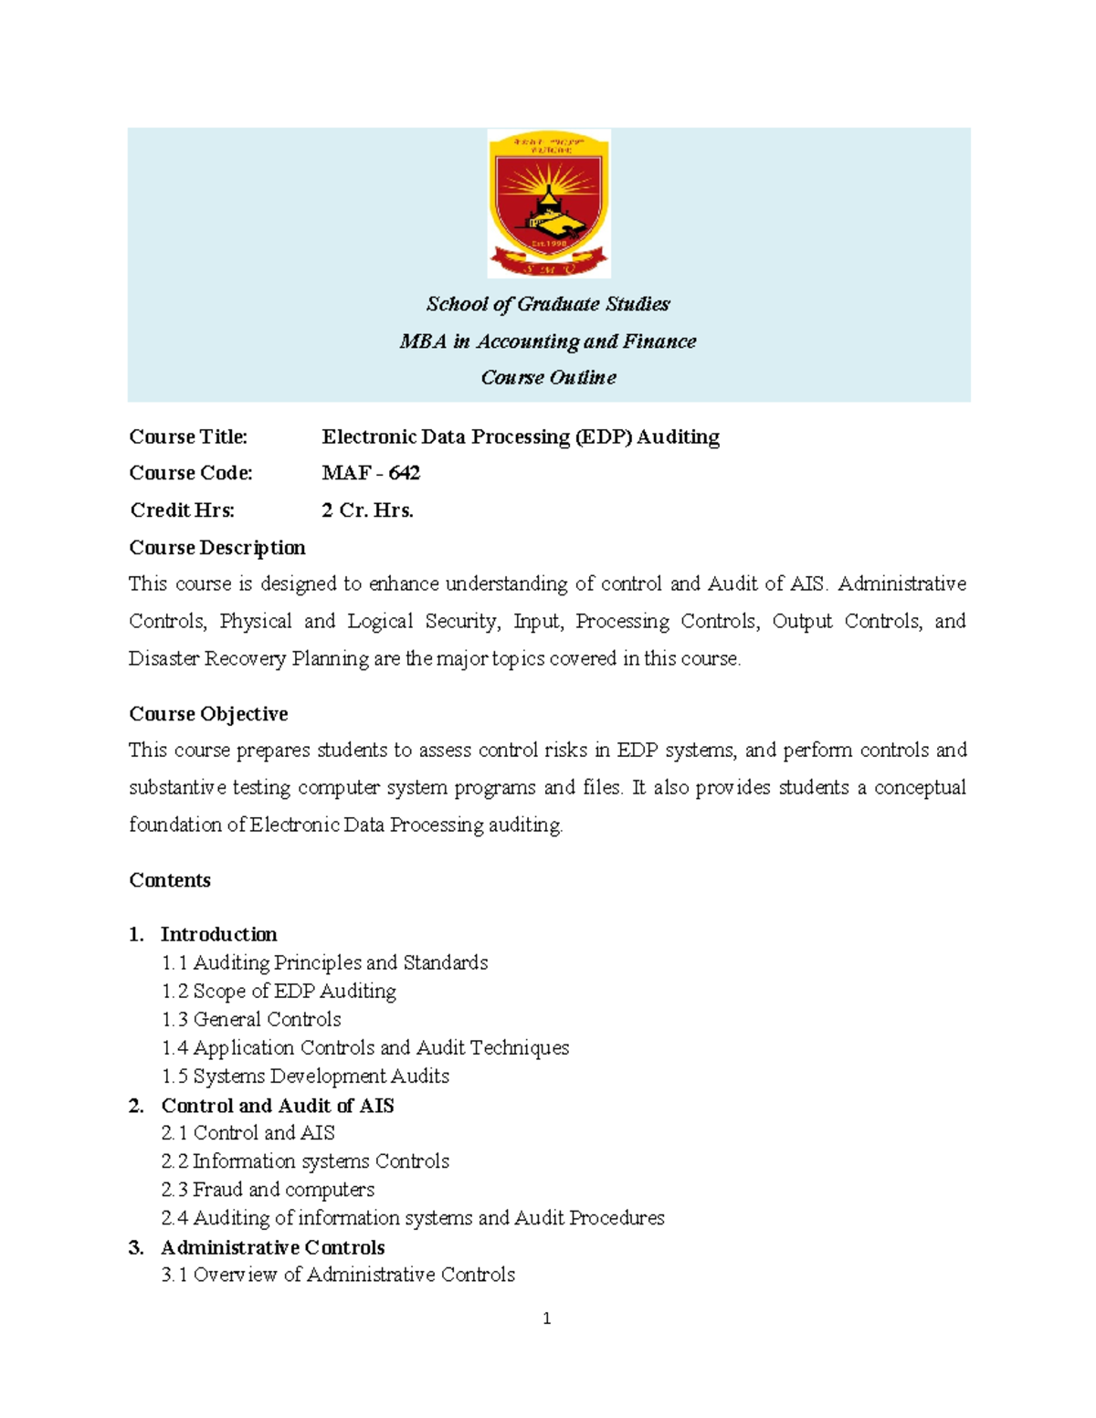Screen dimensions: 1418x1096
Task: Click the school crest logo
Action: (x=548, y=203)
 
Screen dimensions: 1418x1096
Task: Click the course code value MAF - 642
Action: (x=371, y=473)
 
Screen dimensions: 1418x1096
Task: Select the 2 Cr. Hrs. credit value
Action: (x=367, y=510)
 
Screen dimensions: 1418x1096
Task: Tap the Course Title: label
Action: (x=188, y=436)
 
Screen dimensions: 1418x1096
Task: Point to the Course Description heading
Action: (x=217, y=548)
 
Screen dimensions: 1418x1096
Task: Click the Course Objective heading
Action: (x=208, y=714)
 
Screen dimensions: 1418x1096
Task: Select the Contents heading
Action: (x=170, y=880)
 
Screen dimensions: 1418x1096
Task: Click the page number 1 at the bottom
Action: (x=546, y=1318)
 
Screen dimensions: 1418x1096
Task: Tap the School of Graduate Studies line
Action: (x=548, y=304)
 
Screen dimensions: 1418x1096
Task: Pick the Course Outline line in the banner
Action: (x=548, y=377)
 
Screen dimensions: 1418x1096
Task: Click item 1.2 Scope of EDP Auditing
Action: (x=279, y=991)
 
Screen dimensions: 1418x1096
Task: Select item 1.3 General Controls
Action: (x=251, y=1019)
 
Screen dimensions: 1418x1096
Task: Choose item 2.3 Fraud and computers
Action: (x=268, y=1190)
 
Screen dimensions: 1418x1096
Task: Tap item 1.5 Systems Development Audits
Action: (x=305, y=1077)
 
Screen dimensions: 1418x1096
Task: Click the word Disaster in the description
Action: (x=163, y=658)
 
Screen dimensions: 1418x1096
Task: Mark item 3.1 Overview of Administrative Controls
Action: (x=338, y=1275)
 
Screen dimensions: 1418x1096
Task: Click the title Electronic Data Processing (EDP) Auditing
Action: (x=521, y=436)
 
